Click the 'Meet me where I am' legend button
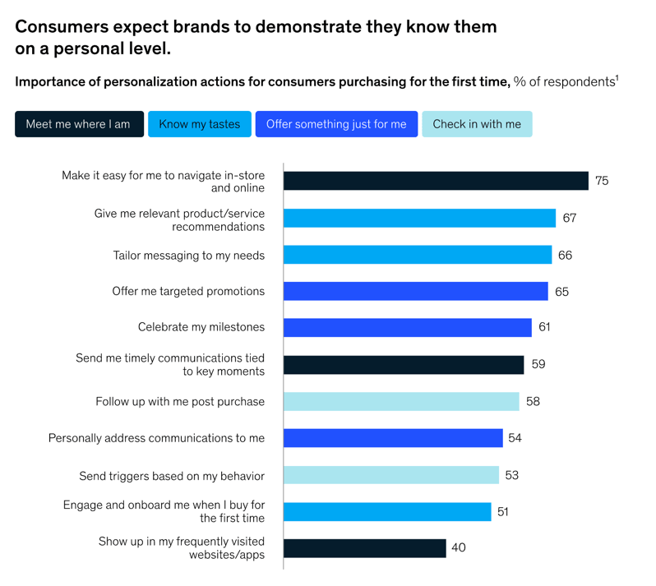point(79,124)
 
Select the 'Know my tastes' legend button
point(200,124)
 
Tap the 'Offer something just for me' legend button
point(336,124)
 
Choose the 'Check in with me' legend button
point(477,124)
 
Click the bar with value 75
point(436,181)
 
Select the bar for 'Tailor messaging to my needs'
point(418,255)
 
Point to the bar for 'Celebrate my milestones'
point(408,327)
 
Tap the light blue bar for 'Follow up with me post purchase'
point(401,401)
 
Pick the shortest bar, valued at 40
point(364,548)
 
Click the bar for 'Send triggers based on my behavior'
point(391,475)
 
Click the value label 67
point(570,219)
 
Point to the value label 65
point(561,292)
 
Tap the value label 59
point(538,364)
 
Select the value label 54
point(515,438)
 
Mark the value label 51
point(503,512)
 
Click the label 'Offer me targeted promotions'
point(188,291)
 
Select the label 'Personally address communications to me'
point(156,438)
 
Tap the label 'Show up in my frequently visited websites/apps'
point(182,548)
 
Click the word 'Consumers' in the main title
point(67,26)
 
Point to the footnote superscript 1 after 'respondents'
point(617,77)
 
